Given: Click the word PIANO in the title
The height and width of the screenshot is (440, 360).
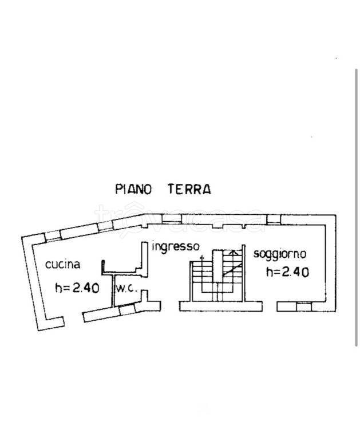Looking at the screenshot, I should (133, 189).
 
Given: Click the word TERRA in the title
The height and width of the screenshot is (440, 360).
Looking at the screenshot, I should (189, 189).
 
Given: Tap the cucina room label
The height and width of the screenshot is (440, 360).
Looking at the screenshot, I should (63, 264).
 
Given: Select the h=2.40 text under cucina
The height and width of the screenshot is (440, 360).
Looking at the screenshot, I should (77, 288).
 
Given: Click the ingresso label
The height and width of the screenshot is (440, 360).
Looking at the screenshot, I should (176, 246).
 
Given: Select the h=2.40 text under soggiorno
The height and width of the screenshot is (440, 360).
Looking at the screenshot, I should (287, 272).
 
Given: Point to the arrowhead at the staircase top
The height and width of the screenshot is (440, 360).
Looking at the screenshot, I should (232, 253).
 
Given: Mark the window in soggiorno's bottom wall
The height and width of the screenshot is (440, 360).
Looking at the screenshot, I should (304, 307).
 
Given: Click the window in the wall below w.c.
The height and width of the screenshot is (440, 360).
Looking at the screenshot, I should (127, 309).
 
